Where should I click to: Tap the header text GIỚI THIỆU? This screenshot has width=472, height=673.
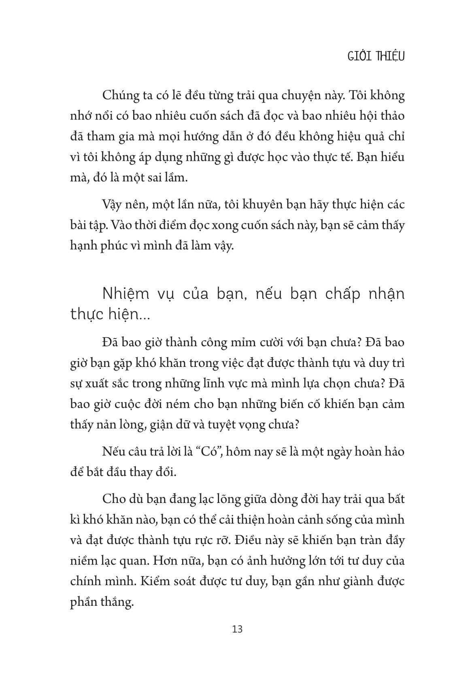point(376,56)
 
